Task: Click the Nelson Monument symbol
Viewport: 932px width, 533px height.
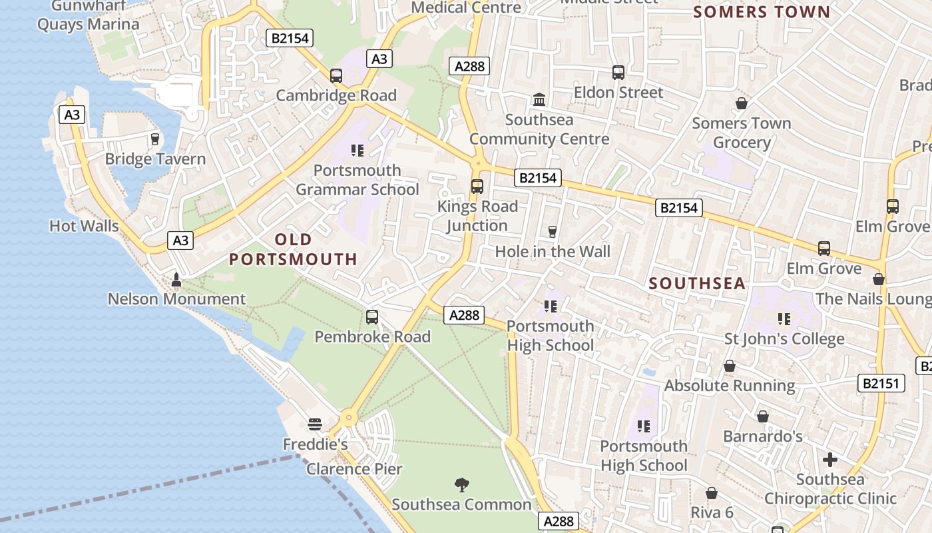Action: pyautogui.click(x=176, y=280)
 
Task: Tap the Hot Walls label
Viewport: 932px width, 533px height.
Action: pyautogui.click(x=84, y=226)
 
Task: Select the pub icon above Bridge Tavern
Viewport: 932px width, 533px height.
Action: pyautogui.click(x=155, y=139)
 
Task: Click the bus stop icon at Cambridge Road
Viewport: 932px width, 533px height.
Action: pyautogui.click(x=336, y=76)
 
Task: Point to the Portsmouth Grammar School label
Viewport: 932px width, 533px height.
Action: pyautogui.click(x=357, y=180)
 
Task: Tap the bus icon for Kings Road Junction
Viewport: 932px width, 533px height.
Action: pyautogui.click(x=477, y=187)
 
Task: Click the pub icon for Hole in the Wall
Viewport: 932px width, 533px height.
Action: pyautogui.click(x=552, y=232)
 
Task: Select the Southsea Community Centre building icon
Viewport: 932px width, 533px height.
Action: pyautogui.click(x=539, y=100)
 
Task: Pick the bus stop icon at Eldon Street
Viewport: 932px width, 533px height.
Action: pyautogui.click(x=618, y=73)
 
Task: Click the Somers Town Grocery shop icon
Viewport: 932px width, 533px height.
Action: pyautogui.click(x=741, y=103)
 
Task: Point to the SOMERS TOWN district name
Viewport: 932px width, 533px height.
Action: pyautogui.click(x=762, y=12)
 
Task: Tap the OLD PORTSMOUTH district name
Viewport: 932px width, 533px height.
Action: pyautogui.click(x=294, y=249)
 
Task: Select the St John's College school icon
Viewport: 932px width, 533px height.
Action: pyautogui.click(x=784, y=319)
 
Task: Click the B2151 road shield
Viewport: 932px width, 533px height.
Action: pyautogui.click(x=881, y=383)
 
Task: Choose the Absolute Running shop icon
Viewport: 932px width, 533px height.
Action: pyautogui.click(x=730, y=366)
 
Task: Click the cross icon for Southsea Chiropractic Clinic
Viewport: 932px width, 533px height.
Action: pyautogui.click(x=829, y=460)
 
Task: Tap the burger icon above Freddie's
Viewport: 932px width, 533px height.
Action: pyautogui.click(x=315, y=424)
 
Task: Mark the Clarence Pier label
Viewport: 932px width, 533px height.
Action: pyautogui.click(x=354, y=469)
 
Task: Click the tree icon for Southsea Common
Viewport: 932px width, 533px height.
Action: pyautogui.click(x=461, y=484)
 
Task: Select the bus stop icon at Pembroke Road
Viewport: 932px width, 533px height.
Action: pyautogui.click(x=372, y=317)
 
